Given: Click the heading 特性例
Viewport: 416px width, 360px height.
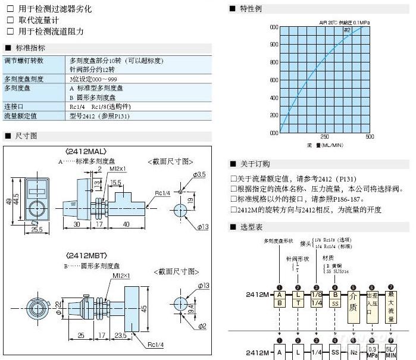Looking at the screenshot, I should (250, 9).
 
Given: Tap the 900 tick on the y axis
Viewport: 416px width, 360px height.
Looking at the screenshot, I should (273, 44).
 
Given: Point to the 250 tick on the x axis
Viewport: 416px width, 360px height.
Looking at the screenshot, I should (324, 137).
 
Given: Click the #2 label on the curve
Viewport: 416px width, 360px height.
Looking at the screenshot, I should (346, 30).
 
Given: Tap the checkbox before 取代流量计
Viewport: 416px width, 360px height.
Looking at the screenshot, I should (10, 20).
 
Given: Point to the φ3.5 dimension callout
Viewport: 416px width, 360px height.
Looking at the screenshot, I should (199, 174).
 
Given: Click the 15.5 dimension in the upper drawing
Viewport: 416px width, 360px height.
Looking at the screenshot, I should (115, 183).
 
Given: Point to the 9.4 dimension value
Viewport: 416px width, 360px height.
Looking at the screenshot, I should (190, 308).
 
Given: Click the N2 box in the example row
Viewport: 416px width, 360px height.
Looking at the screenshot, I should (354, 353).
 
